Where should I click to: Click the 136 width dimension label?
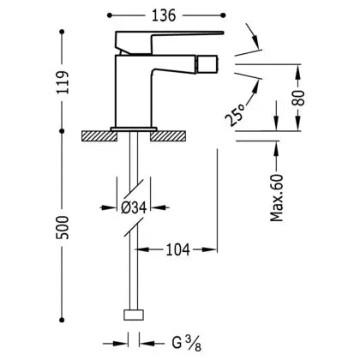(164, 15)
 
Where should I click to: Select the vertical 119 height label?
(63, 82)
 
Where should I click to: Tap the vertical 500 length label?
(63, 228)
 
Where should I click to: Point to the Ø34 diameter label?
(134, 207)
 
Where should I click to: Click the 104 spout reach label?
(177, 249)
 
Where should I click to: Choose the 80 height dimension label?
(299, 98)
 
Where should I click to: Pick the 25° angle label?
(235, 115)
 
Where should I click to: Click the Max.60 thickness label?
(277, 198)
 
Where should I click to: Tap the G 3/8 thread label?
(187, 343)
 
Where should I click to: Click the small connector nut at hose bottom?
(134, 315)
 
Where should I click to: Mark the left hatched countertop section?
(99, 136)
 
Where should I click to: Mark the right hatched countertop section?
(168, 136)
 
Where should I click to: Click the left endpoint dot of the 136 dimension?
(110, 15)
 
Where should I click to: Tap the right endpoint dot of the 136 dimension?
(224, 15)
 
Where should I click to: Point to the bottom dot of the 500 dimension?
(62, 320)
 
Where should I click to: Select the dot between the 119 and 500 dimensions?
(62, 131)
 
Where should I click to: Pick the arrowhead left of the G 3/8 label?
(120, 343)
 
